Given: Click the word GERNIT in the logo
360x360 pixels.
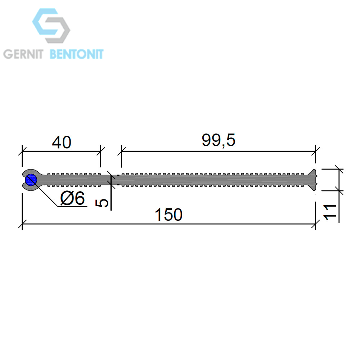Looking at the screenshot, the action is click(23, 54).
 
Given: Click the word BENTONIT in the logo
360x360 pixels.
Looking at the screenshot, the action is click(77, 54).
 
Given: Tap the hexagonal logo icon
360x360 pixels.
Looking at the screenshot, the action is click(51, 26).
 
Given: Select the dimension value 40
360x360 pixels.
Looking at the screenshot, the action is click(62, 142).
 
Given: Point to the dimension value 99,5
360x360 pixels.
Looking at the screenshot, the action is click(219, 140).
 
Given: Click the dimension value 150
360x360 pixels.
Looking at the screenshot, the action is click(169, 215).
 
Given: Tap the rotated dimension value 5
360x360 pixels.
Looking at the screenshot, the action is click(102, 203).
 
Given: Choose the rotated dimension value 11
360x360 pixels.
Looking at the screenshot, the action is click(330, 212).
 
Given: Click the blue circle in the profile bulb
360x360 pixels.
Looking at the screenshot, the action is click(31, 180).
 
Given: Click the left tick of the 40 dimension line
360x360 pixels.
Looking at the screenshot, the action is click(22, 151).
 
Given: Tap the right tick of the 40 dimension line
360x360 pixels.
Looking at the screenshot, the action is click(100, 151).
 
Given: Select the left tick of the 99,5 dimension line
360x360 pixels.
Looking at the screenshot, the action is click(121, 151).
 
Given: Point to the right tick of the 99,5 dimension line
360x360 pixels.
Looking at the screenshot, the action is click(315, 151).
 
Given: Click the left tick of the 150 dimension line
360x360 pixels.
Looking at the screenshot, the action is click(22, 224).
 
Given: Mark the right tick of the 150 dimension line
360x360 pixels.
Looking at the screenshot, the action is click(315, 224).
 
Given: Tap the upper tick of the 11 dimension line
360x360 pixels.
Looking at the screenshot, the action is click(339, 169).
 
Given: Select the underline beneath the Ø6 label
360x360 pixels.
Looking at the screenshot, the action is click(72, 207).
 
